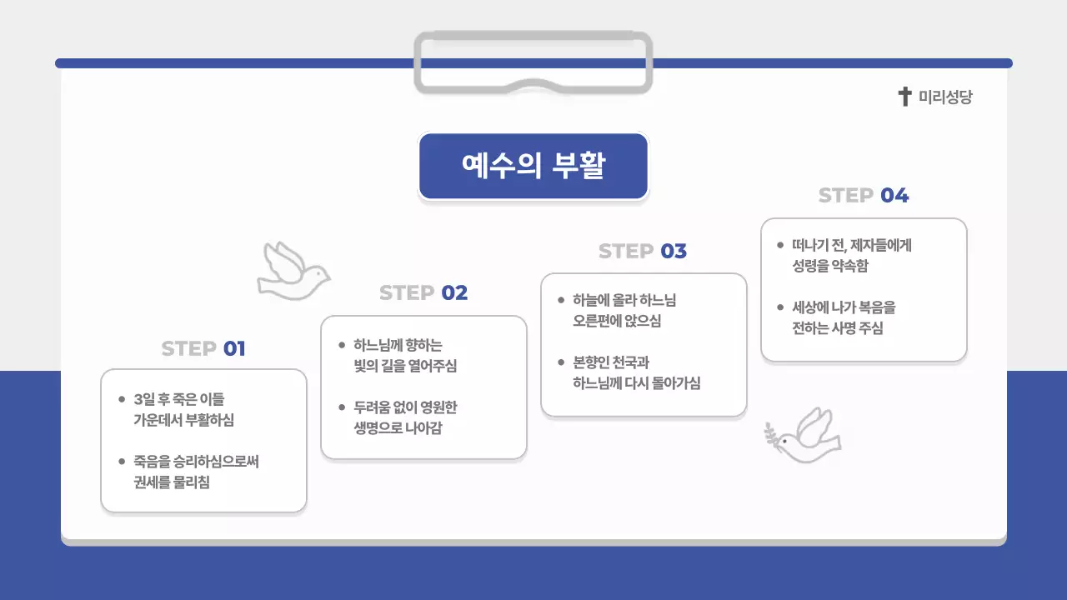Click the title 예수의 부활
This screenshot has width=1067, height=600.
pyautogui.click(x=533, y=166)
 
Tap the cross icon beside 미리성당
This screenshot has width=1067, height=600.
pyautogui.click(x=904, y=97)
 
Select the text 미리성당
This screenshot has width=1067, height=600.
pyautogui.click(x=945, y=97)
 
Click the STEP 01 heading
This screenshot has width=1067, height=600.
pyautogui.click(x=203, y=348)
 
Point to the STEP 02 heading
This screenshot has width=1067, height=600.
pyautogui.click(x=423, y=293)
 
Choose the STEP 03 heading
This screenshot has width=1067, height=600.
pyautogui.click(x=643, y=251)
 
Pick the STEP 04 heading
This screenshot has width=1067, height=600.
pyautogui.click(x=864, y=196)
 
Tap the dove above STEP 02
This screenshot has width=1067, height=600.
pyautogui.click(x=292, y=271)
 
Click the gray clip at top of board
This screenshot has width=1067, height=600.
pyautogui.click(x=533, y=62)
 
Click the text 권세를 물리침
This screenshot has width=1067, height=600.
pyautogui.click(x=172, y=482)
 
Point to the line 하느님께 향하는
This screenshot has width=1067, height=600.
pyautogui.click(x=398, y=345)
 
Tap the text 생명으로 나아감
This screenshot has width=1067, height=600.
pyautogui.click(x=398, y=427)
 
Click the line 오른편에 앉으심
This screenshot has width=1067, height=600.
pyautogui.click(x=617, y=321)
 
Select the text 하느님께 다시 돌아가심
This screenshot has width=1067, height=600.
pyautogui.click(x=637, y=383)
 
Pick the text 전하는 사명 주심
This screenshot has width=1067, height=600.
pyautogui.click(x=838, y=327)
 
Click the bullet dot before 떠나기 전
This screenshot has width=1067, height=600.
pyautogui.click(x=780, y=246)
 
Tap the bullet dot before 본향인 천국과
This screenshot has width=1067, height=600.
pyautogui.click(x=561, y=362)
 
